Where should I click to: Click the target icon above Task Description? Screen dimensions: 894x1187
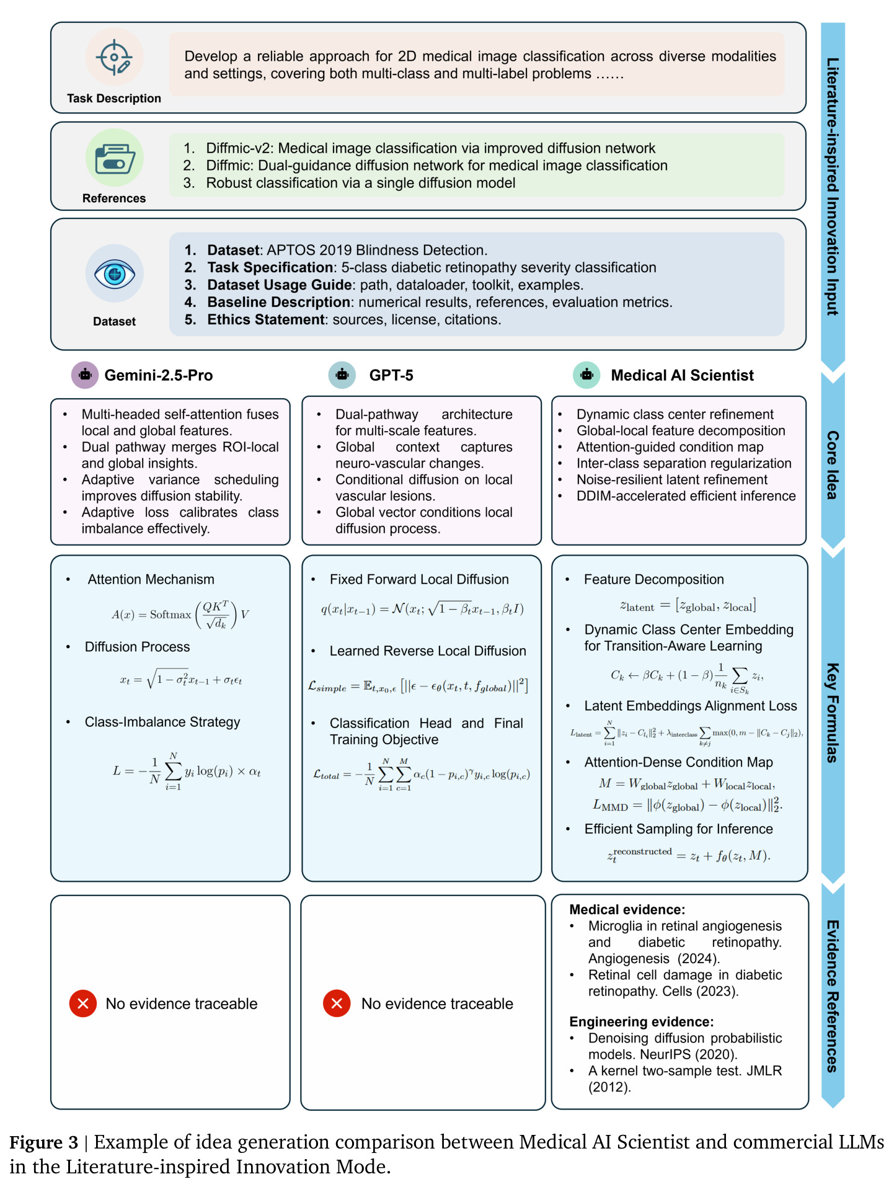[x=114, y=57]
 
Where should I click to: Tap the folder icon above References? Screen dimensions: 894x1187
[x=114, y=158]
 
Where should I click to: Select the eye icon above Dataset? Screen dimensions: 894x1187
[x=114, y=273]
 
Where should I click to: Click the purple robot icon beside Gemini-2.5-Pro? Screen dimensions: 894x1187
[x=85, y=375]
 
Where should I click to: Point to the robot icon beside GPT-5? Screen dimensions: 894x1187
[x=342, y=375]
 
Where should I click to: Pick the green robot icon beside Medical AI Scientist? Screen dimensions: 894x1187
[x=586, y=375]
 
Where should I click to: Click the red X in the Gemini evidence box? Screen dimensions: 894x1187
[x=83, y=1003]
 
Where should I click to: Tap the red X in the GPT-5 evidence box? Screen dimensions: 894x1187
[x=337, y=1003]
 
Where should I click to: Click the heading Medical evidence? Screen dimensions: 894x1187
[x=627, y=909]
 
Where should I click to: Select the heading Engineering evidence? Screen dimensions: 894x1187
[x=641, y=1021]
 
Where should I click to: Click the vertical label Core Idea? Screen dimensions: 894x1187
[x=832, y=465]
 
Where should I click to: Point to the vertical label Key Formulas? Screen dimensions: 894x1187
[x=832, y=713]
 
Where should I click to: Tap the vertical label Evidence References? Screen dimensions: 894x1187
[x=832, y=996]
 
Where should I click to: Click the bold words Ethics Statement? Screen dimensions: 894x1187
[x=266, y=319]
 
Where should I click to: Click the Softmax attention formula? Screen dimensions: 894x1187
[x=180, y=615]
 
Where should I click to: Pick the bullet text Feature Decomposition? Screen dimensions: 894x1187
[x=653, y=579]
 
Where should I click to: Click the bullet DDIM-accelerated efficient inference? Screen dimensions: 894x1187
[x=686, y=496]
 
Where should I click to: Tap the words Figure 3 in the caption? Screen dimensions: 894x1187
[x=44, y=1142]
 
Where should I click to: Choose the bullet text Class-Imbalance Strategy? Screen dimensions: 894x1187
[x=162, y=722]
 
